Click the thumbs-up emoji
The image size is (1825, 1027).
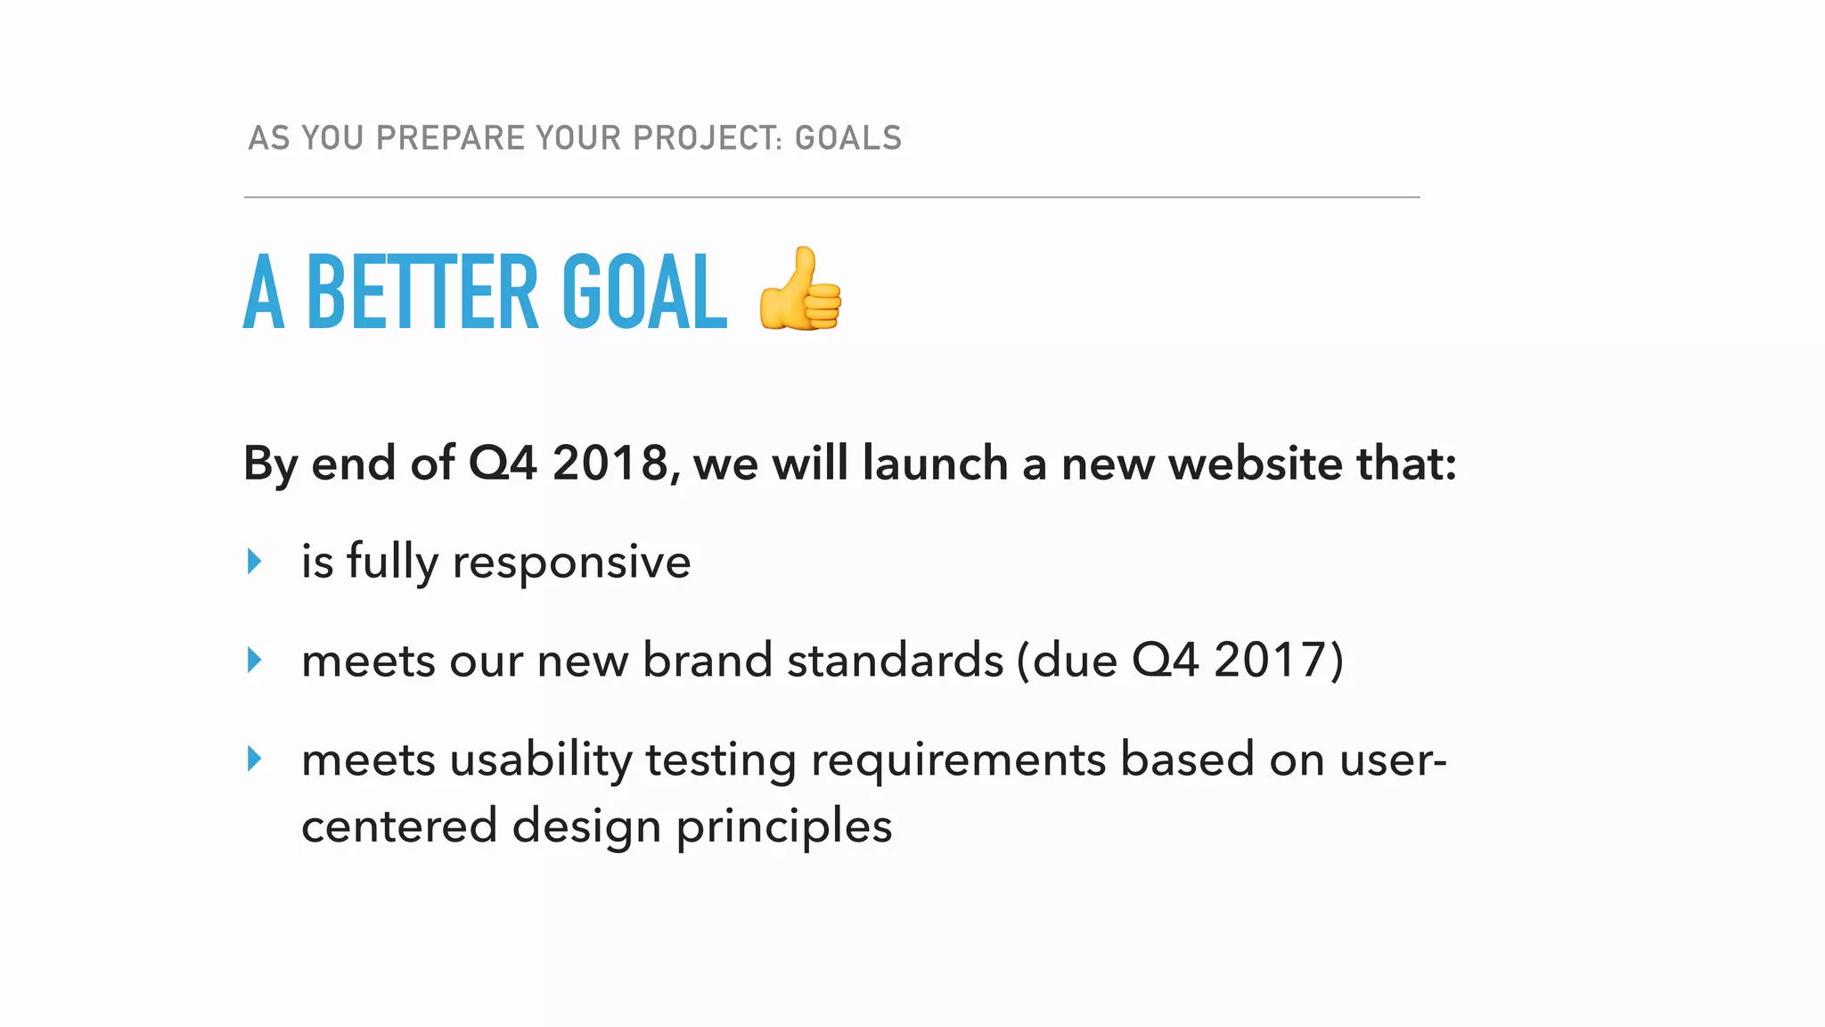pyautogui.click(x=799, y=290)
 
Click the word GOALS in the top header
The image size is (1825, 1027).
pyautogui.click(x=848, y=138)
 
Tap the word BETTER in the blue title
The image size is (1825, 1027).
pyautogui.click(x=421, y=292)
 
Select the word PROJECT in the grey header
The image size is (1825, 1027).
pyautogui.click(x=702, y=138)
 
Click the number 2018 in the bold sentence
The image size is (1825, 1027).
pyautogui.click(x=610, y=464)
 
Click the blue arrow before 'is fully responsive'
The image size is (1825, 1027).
pyautogui.click(x=255, y=562)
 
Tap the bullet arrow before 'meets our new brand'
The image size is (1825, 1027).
pyautogui.click(x=255, y=661)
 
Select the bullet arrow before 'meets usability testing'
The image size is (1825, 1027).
pyautogui.click(x=255, y=760)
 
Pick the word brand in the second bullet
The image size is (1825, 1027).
pyautogui.click(x=708, y=661)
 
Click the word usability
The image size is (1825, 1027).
pyautogui.click(x=541, y=760)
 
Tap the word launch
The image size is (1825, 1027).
pyautogui.click(x=935, y=464)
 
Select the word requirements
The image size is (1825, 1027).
pyautogui.click(x=958, y=760)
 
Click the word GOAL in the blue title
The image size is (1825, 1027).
pyautogui.click(x=644, y=292)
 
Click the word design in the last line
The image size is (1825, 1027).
pyautogui.click(x=586, y=826)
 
